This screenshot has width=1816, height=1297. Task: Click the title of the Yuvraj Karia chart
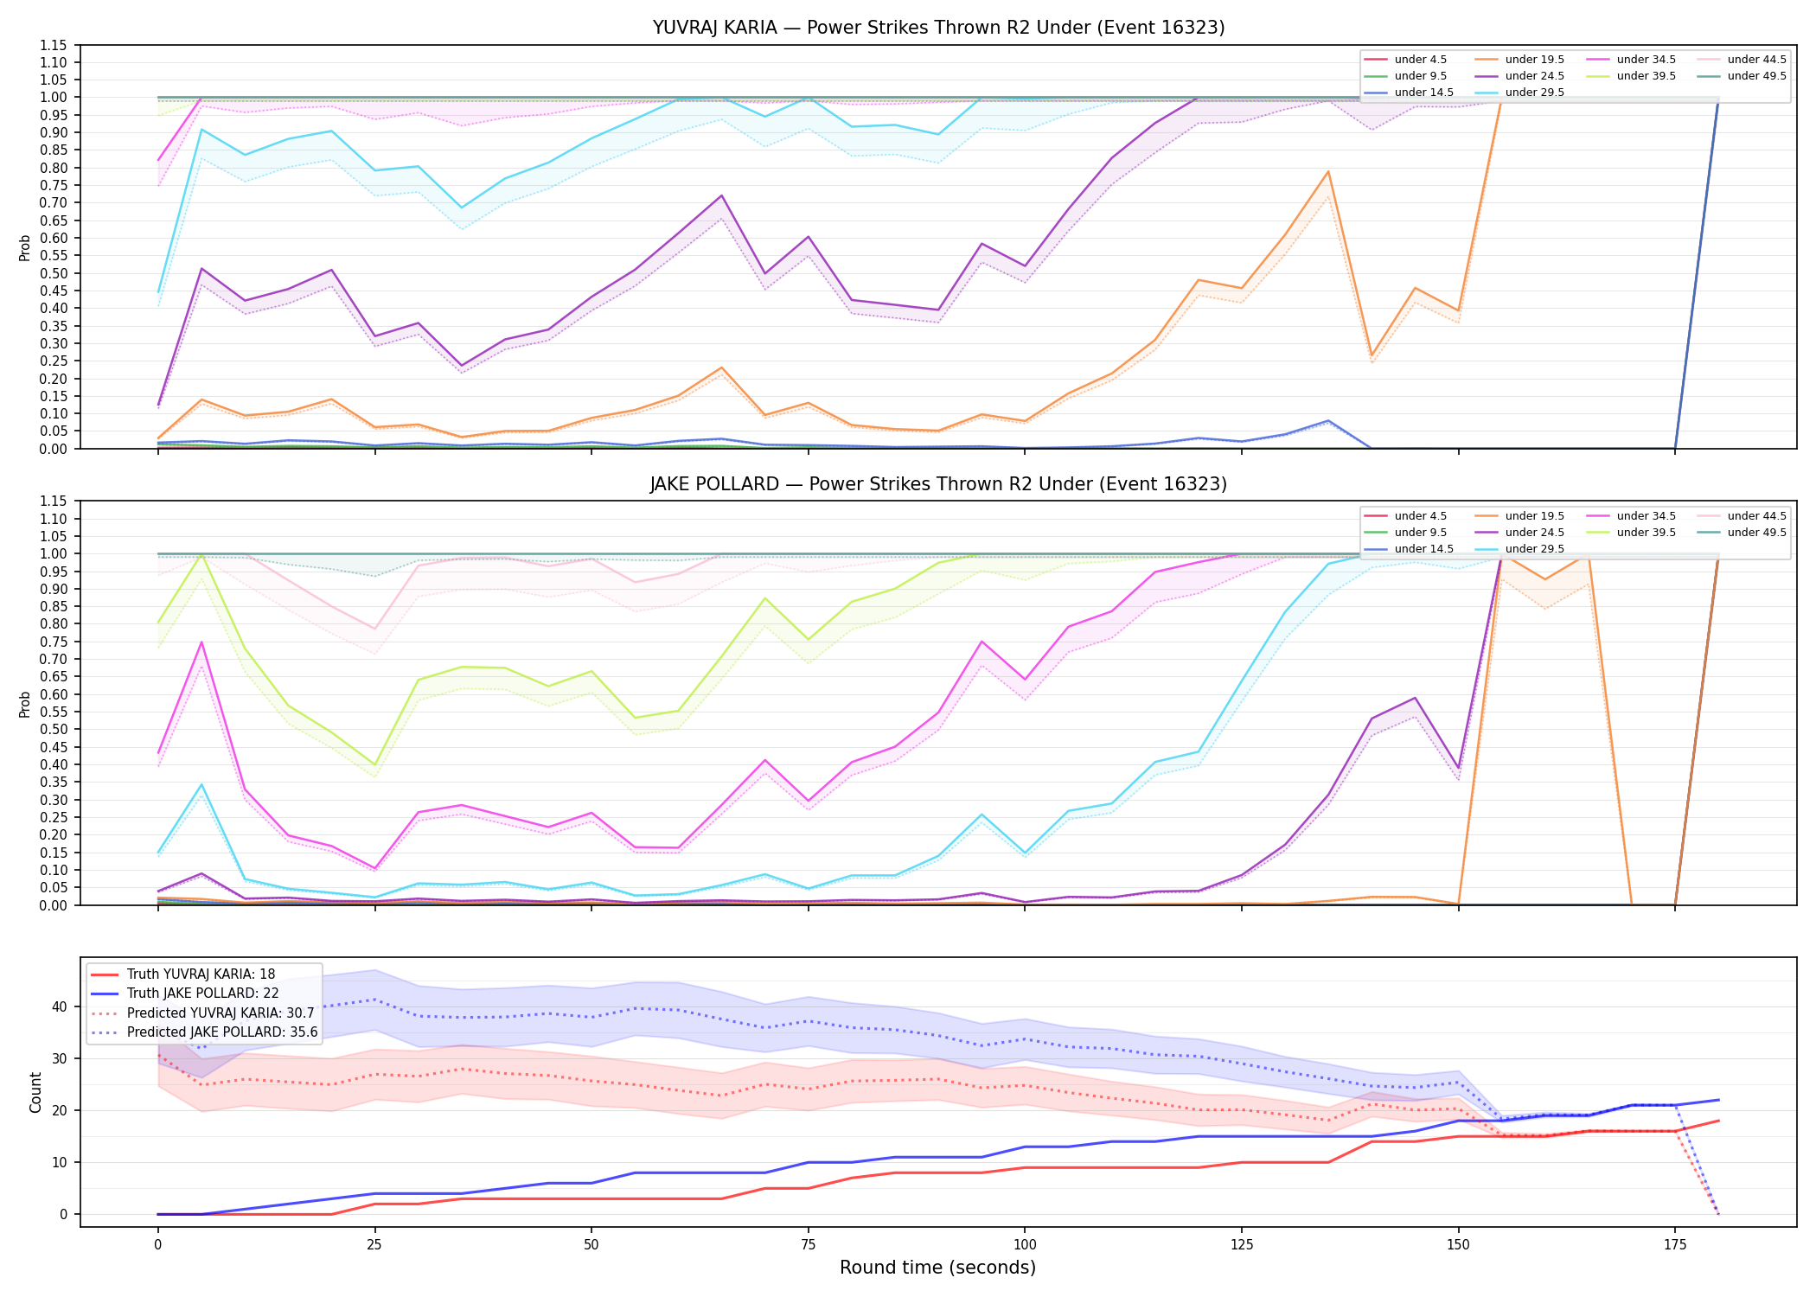pos(938,28)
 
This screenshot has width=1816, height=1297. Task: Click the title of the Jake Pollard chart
pos(938,484)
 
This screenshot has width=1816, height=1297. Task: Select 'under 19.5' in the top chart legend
pos(1534,60)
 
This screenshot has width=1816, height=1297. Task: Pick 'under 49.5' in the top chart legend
pos(1756,76)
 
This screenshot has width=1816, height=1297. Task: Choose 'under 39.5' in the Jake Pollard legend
pos(1646,533)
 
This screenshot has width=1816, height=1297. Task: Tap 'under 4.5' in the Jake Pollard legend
pos(1420,516)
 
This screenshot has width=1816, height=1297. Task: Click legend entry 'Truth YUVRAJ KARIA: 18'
pos(201,974)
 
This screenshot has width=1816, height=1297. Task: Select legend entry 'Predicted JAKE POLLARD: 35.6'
pos(222,1032)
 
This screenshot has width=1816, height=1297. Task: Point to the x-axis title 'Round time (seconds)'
pos(937,1268)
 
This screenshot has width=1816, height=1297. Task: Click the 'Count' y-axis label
pos(35,1092)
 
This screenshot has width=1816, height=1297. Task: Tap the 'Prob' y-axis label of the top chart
pos(25,247)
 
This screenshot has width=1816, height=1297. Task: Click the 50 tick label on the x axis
pos(591,1245)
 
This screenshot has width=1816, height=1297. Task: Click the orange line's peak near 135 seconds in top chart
pos(1328,171)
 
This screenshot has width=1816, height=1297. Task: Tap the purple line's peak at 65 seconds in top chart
pos(721,195)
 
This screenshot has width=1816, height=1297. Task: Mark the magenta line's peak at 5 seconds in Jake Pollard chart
pos(201,642)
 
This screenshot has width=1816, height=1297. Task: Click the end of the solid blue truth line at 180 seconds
pos(1718,1100)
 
